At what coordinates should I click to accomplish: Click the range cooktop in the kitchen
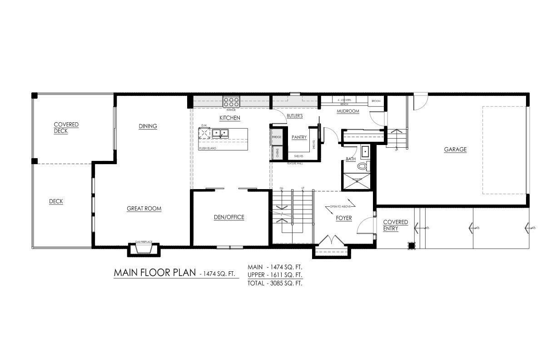pos(231,102)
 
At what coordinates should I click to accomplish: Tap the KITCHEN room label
pos(229,118)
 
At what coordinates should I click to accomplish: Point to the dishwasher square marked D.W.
pos(204,134)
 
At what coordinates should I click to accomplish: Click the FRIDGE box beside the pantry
pos(276,137)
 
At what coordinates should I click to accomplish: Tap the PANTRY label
pos(299,137)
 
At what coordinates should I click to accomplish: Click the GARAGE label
pos(455,150)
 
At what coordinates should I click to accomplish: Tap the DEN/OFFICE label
pos(229,217)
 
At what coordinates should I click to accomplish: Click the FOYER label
pos(344,218)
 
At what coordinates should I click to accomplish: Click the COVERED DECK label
pos(66,128)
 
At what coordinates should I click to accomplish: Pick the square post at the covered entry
pos(411,246)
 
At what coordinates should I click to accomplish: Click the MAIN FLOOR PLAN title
pos(154,273)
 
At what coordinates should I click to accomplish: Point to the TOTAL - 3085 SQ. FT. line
pos(275,283)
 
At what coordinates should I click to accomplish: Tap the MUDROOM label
pos(348,111)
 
